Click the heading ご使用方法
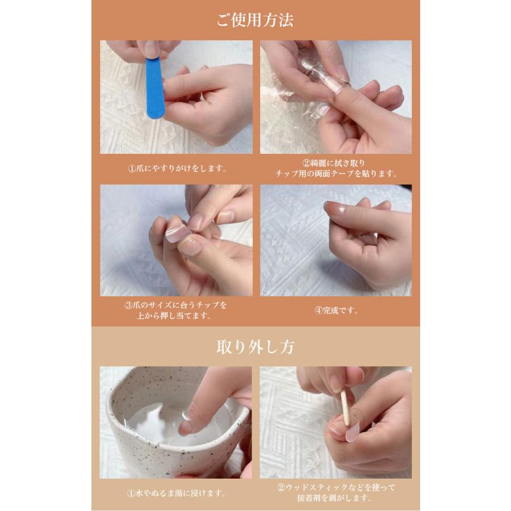point(255,20)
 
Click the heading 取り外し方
point(256,347)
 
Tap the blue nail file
point(154,88)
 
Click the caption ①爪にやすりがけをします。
point(177,169)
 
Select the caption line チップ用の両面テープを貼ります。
point(336,173)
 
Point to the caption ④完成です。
point(336,310)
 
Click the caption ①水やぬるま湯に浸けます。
point(176,493)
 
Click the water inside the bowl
point(169,424)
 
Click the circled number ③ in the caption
point(128,305)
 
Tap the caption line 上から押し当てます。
point(174,316)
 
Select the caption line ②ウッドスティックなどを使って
point(336,488)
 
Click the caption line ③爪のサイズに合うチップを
point(175,305)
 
